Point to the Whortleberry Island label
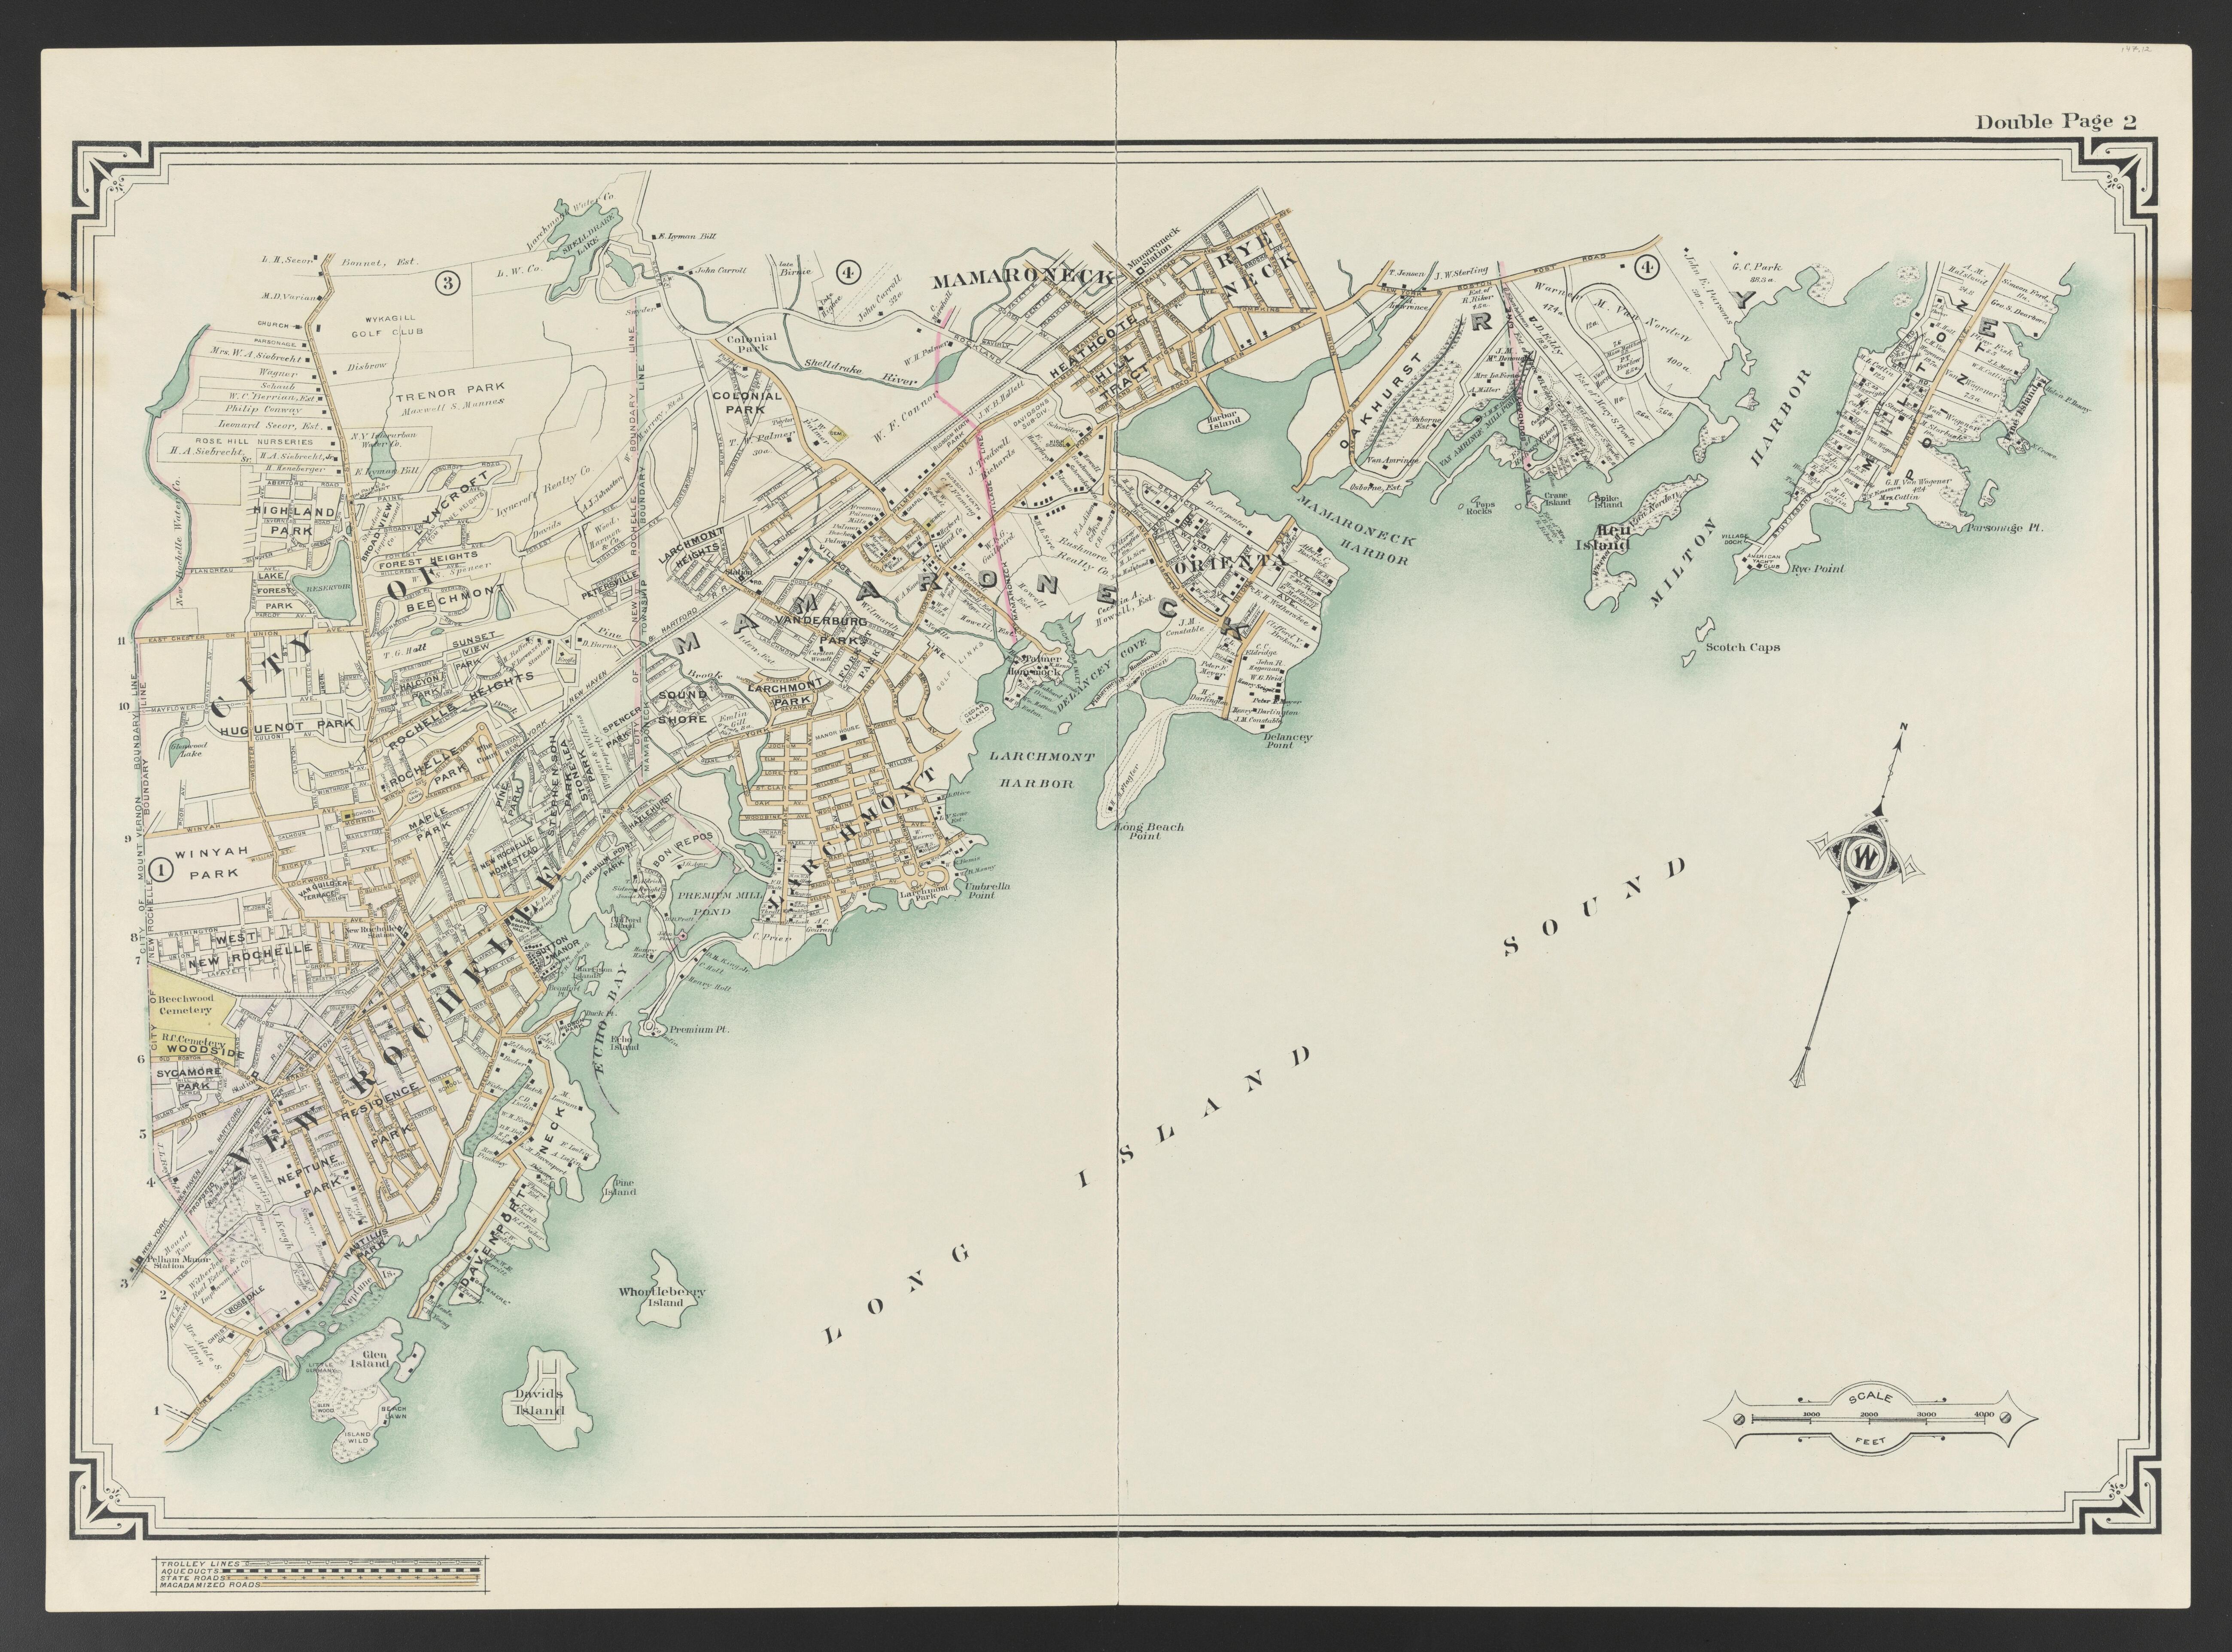662,1297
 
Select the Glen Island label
370,1358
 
